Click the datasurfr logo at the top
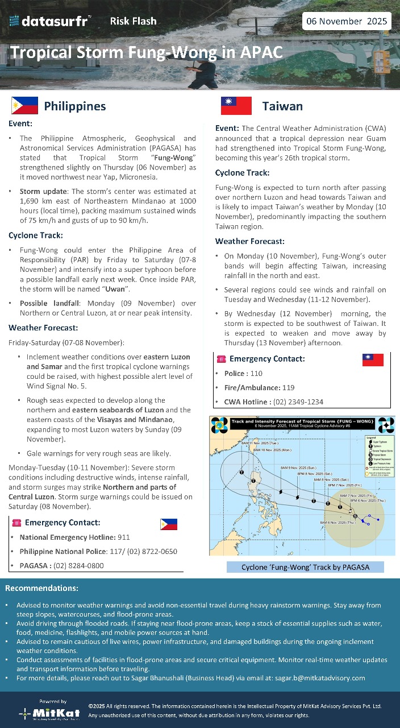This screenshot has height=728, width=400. point(50,22)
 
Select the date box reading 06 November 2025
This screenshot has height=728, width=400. point(347,22)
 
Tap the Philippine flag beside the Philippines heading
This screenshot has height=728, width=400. point(24,106)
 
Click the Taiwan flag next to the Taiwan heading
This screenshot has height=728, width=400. point(236,106)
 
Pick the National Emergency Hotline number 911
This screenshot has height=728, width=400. point(124,537)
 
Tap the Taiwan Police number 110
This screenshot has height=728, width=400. point(256,373)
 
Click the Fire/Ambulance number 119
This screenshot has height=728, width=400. point(289,387)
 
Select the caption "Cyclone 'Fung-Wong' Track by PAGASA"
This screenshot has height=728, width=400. point(305,567)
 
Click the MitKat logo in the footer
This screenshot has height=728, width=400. point(50,712)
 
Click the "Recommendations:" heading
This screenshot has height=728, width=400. point(41,588)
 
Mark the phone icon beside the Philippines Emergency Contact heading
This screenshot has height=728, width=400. point(16,523)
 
